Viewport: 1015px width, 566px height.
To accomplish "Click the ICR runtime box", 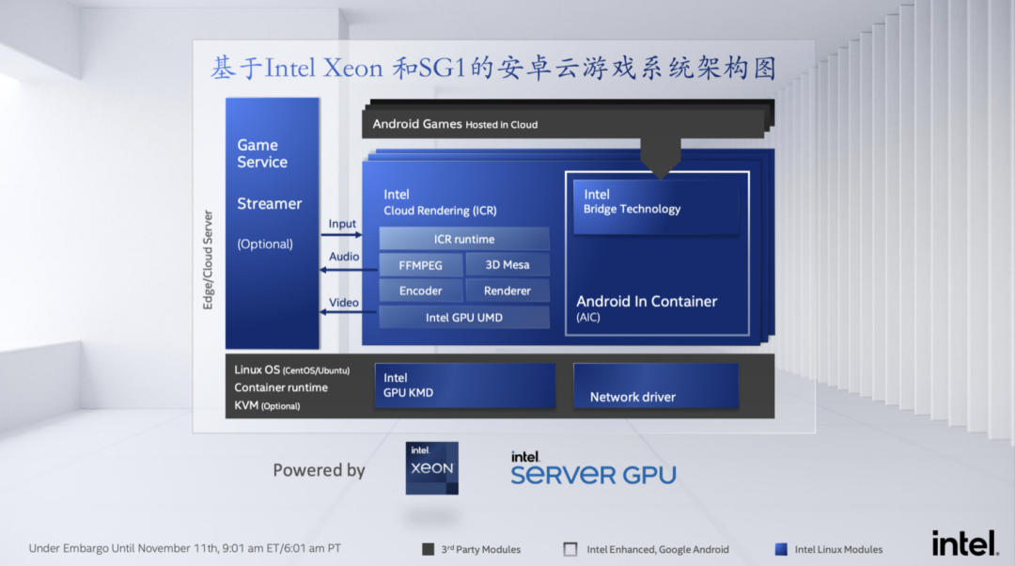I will click(464, 239).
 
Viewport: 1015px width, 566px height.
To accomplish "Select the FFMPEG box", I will click(420, 265).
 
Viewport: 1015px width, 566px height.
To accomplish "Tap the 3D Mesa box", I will click(507, 265).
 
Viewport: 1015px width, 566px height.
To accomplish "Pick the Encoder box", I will click(420, 291).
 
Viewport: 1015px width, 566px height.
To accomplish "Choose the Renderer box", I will click(507, 291).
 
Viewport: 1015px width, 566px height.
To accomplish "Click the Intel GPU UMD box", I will click(464, 318).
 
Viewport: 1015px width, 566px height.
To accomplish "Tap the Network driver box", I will click(655, 386).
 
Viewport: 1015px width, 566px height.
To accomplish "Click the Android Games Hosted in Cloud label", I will click(455, 124).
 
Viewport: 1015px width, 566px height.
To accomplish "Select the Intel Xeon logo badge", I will click(431, 467).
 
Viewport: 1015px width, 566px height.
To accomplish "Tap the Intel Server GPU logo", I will click(593, 467).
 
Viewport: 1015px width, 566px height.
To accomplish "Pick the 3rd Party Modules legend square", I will click(429, 549).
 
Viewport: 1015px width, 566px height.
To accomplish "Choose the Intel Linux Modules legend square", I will click(781, 549).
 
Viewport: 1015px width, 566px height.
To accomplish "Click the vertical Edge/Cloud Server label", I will click(209, 259).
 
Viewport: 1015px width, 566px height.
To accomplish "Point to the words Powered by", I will click(319, 470).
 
